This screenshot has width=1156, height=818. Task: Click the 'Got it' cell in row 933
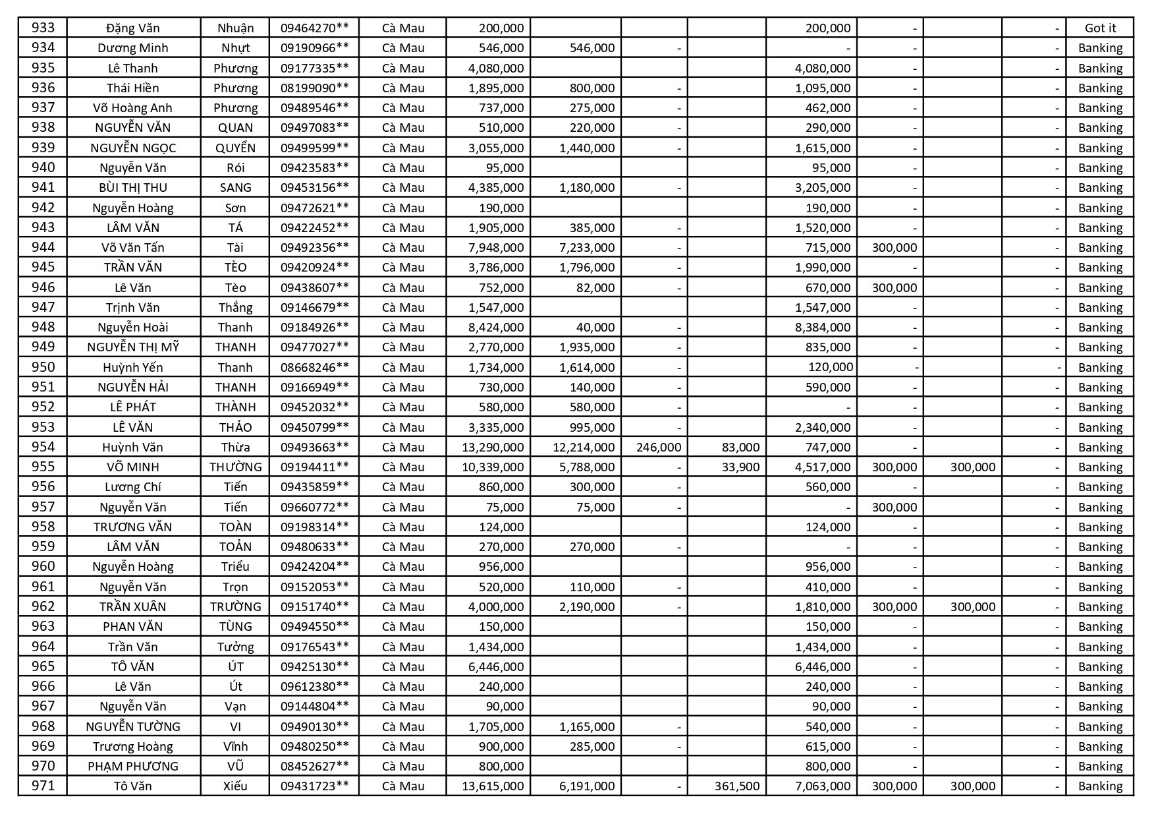coord(1099,28)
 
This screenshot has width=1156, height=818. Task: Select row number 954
coord(43,447)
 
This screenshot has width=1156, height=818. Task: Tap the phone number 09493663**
coord(314,447)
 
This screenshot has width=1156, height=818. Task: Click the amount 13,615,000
coord(493,786)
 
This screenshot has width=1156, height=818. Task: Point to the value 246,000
coord(659,447)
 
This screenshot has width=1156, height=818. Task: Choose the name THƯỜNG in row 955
coord(235,467)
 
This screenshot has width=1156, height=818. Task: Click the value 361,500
coord(736,786)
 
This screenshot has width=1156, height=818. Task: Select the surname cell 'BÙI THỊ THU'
coord(133,187)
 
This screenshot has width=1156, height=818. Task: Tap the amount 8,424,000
coord(496,327)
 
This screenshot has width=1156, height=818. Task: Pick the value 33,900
coord(740,467)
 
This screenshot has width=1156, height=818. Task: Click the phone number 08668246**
coord(314,367)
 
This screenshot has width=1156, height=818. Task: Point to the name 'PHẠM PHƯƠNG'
coord(133,766)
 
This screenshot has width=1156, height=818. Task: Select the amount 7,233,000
coord(587,247)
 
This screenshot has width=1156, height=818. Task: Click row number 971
coord(43,786)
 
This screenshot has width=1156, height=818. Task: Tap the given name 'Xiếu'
coord(235,786)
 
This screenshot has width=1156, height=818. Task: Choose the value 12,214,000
coord(584,447)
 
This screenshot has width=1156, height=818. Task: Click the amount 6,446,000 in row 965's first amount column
coord(496,666)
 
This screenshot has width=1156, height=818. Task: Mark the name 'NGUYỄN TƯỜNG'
coord(133,726)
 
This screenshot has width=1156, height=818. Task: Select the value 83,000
coord(740,447)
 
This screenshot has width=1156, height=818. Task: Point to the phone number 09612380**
coord(314,686)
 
